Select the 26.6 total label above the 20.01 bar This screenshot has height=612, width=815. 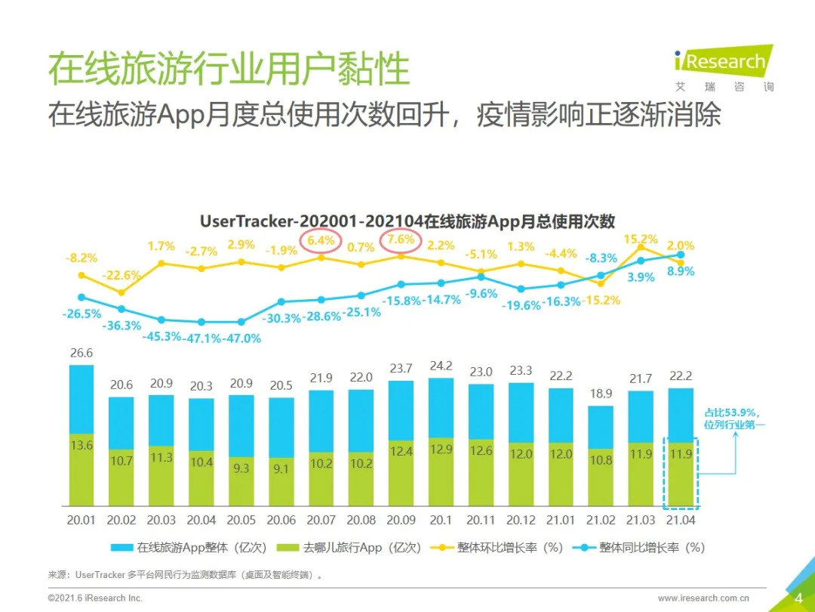[81, 353]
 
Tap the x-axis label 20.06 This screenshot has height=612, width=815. [281, 520]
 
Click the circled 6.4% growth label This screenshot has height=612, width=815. [321, 241]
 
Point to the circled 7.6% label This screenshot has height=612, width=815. [401, 240]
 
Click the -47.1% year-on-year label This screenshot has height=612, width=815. [201, 338]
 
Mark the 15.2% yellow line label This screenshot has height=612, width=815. [640, 240]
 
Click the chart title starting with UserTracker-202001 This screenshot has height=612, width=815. [407, 221]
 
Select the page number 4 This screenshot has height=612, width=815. [798, 598]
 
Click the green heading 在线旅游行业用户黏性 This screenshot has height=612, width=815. [229, 69]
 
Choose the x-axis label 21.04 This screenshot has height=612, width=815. [681, 520]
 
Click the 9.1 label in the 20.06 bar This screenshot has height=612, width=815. [281, 469]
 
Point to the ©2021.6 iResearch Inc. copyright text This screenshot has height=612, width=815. [95, 598]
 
